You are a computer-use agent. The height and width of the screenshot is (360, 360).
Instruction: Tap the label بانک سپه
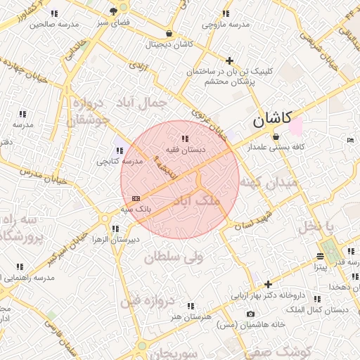(x=136, y=209)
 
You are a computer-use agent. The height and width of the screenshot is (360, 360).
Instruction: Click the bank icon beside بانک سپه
(x=136, y=198)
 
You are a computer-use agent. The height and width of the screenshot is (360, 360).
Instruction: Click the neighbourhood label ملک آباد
(x=196, y=201)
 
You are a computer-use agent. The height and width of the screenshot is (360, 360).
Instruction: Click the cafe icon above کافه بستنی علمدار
(x=276, y=136)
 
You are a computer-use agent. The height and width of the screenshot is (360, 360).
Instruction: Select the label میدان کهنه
(x=269, y=182)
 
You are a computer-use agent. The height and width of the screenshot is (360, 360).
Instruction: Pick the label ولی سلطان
(x=174, y=258)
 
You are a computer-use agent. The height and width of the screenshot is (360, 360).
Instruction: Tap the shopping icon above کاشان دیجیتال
(x=169, y=34)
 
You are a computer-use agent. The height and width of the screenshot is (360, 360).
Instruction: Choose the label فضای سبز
(x=115, y=22)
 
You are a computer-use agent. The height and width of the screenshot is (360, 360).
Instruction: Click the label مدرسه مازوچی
(x=226, y=25)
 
